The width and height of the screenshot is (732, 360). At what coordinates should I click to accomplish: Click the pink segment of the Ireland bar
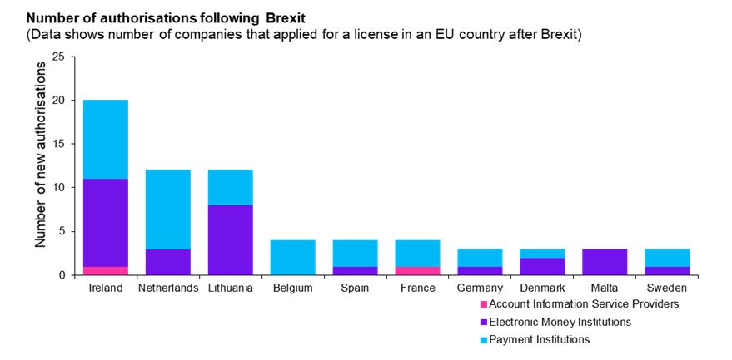tap(106, 270)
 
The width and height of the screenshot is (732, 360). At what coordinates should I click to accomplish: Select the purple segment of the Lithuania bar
tap(231, 239)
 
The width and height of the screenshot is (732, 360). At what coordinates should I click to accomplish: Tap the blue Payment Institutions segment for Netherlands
tap(168, 209)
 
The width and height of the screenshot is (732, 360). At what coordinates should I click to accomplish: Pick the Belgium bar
tap(293, 257)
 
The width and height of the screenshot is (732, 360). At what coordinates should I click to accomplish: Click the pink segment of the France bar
tap(418, 270)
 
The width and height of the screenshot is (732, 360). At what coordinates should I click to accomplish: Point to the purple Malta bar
tap(605, 261)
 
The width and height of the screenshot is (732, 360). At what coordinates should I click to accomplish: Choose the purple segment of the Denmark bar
tap(543, 265)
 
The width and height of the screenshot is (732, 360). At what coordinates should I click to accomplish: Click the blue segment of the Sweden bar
tap(668, 257)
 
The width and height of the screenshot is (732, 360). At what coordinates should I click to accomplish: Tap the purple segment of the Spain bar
tap(356, 270)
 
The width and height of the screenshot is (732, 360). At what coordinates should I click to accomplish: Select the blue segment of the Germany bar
tap(481, 257)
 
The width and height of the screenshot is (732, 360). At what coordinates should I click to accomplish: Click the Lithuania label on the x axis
tap(231, 288)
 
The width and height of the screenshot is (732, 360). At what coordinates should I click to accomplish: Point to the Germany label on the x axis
tap(481, 288)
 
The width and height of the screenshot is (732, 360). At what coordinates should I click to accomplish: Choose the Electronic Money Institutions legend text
tap(560, 322)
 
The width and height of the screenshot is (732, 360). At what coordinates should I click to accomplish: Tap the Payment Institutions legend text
tap(540, 339)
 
